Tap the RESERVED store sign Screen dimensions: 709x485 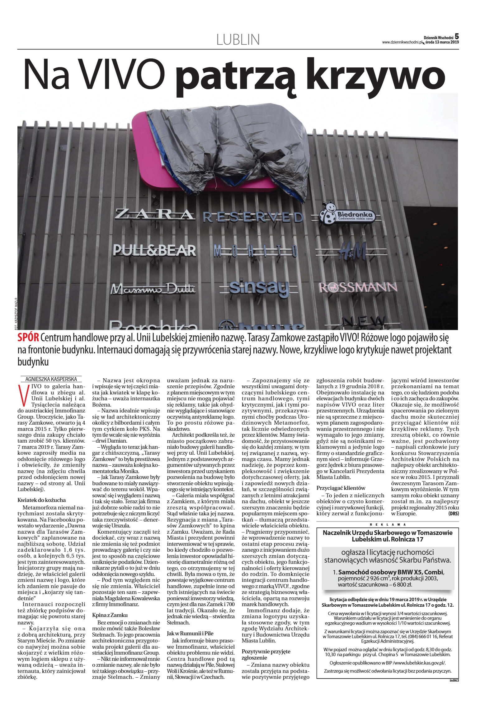click(253, 217)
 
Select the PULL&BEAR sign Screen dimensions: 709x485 click(154, 250)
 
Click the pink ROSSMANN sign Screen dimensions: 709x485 click(358, 288)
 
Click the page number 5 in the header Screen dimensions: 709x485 click(457, 36)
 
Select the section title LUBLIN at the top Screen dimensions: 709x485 click(238, 40)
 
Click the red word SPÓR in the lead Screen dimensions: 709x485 click(28, 338)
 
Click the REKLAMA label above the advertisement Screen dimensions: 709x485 click(388, 524)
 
